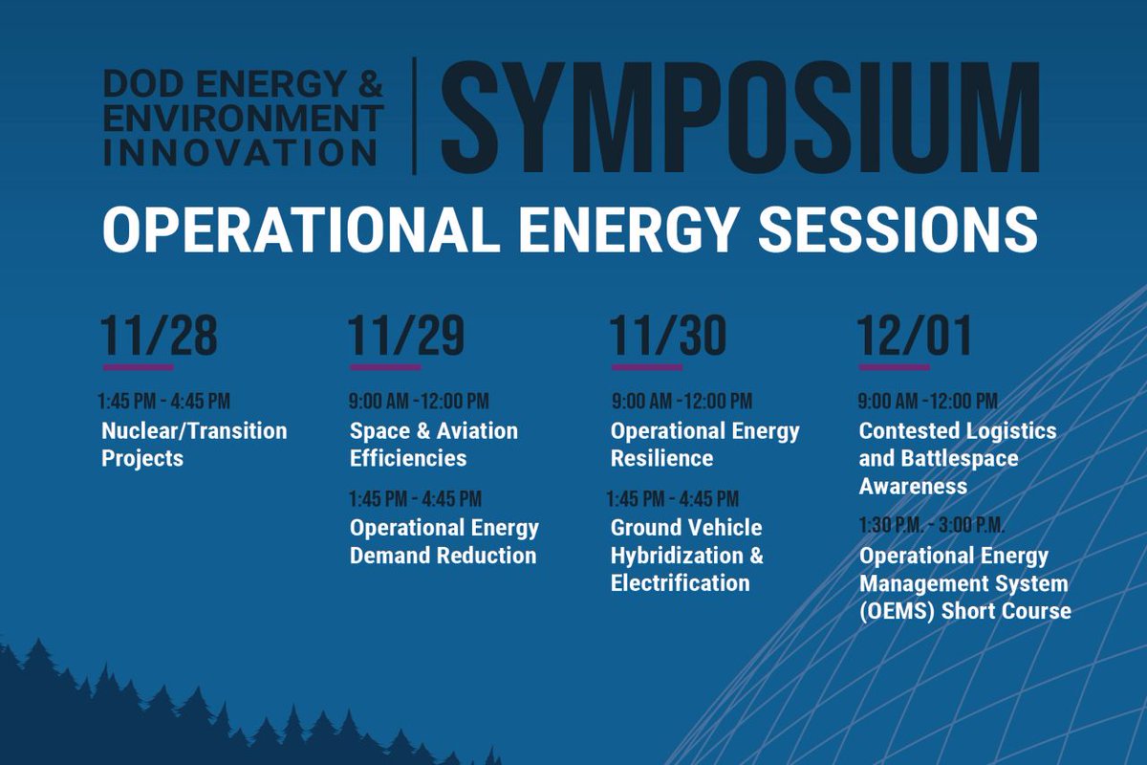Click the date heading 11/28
(x=159, y=336)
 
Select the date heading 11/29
(x=406, y=336)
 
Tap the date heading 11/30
(x=668, y=336)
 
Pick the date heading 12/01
(x=915, y=336)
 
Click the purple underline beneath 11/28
(x=139, y=367)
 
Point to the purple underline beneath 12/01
(x=894, y=367)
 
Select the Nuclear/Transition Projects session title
(x=194, y=445)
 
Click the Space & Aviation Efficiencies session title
(x=433, y=445)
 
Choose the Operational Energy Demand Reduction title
(x=444, y=541)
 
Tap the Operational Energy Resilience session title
(x=704, y=445)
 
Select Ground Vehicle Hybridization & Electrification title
(x=686, y=555)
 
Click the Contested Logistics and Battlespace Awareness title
(x=957, y=458)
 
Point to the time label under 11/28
(x=163, y=401)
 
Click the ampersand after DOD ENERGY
(x=371, y=87)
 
